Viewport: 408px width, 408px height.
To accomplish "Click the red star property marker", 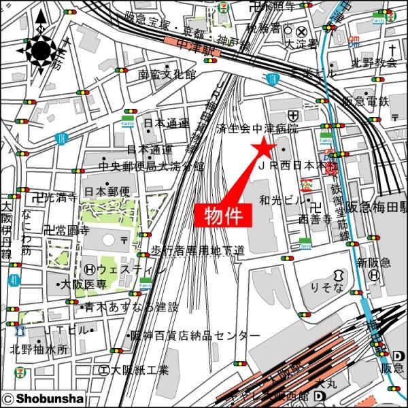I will point(262,147).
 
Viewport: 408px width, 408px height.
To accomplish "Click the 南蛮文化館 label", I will point(167,74).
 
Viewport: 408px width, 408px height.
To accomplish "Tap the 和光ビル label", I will point(282,201).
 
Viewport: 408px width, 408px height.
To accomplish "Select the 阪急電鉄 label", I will point(364,102).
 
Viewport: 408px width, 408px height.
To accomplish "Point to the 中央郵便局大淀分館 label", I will point(151,165).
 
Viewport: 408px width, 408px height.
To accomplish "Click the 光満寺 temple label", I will point(58,198).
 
